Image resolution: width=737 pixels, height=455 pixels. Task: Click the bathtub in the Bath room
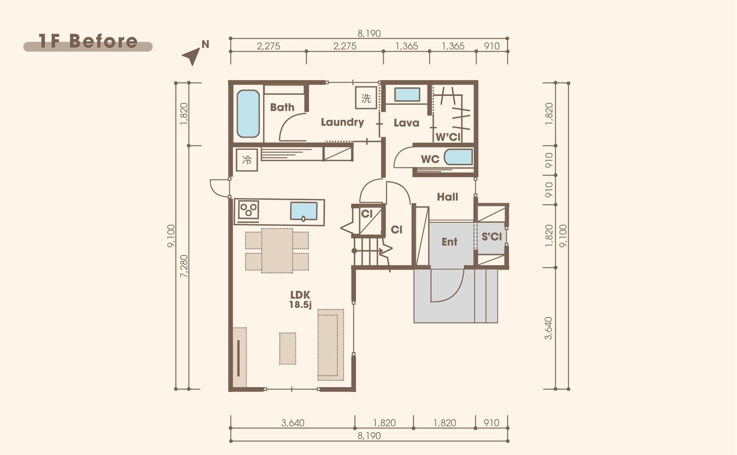click(248, 114)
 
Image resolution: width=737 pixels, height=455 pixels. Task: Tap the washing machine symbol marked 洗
click(366, 98)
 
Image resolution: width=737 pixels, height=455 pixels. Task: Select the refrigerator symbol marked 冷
click(247, 160)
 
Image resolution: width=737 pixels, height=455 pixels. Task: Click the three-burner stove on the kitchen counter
click(248, 210)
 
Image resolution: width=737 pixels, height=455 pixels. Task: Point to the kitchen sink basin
click(304, 211)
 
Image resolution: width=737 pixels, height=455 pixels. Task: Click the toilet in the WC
click(458, 157)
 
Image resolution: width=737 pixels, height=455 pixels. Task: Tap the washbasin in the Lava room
click(407, 95)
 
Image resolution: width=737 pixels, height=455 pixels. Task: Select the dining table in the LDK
click(277, 250)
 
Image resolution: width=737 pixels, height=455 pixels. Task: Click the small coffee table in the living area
click(287, 348)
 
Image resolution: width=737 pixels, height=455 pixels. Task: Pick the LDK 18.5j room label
click(300, 299)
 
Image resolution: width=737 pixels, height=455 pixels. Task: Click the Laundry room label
click(342, 122)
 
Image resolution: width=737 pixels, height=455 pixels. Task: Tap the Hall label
click(447, 197)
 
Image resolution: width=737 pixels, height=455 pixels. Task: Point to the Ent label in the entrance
click(450, 242)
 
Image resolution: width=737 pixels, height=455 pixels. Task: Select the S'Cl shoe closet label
click(492, 237)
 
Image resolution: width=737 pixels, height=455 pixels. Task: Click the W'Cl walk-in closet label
click(448, 137)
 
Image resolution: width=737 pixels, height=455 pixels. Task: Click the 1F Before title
click(88, 41)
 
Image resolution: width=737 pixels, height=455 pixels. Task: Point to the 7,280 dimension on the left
click(184, 266)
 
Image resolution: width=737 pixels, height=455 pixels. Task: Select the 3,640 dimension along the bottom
click(293, 423)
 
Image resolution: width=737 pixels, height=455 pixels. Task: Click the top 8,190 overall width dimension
click(369, 34)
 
